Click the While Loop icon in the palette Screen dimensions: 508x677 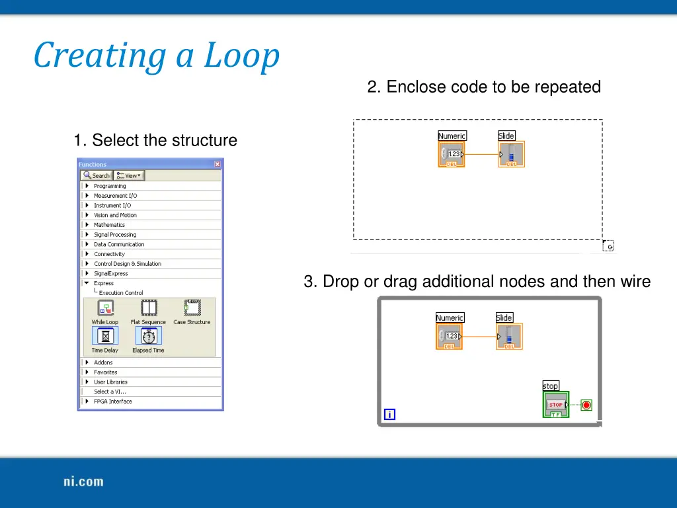[105, 308]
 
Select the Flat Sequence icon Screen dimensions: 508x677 [149, 308]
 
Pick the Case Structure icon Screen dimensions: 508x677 [192, 308]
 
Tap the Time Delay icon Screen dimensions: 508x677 [105, 336]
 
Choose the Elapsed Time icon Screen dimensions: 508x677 [148, 336]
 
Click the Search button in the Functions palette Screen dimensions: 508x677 [97, 175]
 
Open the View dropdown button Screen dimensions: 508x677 [128, 175]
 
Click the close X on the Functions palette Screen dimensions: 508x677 [218, 164]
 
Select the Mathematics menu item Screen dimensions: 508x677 [109, 225]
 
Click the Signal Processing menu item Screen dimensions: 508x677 [114, 235]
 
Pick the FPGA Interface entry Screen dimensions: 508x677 [112, 402]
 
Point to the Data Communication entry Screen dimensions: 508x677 [119, 244]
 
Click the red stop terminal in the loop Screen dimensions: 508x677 [586, 405]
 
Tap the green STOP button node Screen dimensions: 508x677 [555, 405]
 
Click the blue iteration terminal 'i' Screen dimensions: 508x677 [389, 415]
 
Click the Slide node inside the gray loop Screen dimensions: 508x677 [510, 337]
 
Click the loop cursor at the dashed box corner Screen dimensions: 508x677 [608, 246]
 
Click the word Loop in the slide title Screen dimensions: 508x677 [241, 56]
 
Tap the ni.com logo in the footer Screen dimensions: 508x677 [83, 482]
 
